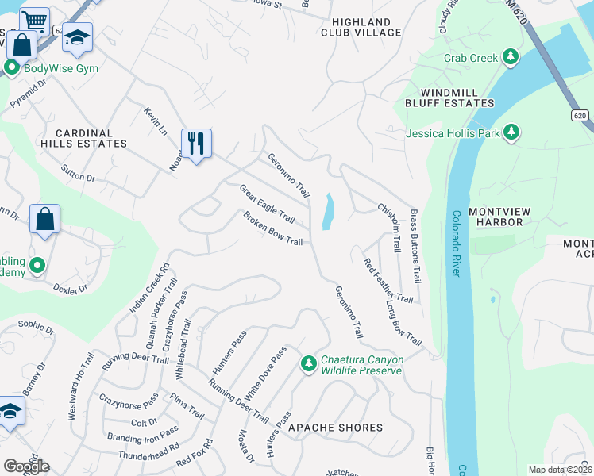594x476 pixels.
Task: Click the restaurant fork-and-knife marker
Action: [x=196, y=143]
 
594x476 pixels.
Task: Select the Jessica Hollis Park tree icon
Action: [x=513, y=132]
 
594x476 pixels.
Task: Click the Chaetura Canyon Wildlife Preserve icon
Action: [x=309, y=364]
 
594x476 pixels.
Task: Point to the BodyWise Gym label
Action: [x=61, y=68]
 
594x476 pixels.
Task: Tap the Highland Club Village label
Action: [x=361, y=26]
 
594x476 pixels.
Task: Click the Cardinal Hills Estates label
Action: [x=90, y=138]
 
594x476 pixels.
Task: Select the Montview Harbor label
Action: [x=507, y=217]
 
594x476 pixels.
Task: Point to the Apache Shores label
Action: [x=335, y=428]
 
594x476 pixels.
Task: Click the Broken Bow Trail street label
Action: [x=273, y=230]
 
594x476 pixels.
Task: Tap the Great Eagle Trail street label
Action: [x=268, y=204]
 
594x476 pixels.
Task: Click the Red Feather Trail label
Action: [x=388, y=281]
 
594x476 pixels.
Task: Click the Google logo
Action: [x=26, y=466]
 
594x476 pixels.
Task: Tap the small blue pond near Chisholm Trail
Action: [x=328, y=212]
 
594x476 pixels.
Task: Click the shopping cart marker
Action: [x=34, y=21]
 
